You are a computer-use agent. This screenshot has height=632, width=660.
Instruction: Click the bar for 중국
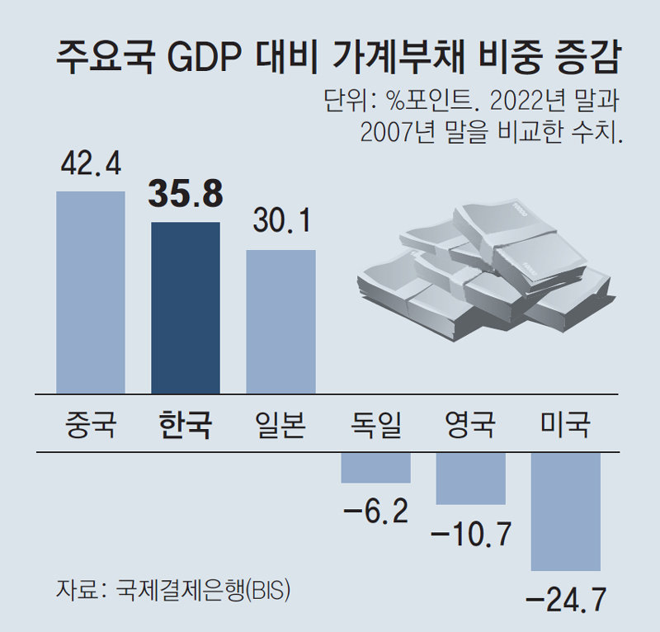coord(91,292)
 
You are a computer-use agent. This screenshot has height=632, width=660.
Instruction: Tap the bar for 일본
coord(280,322)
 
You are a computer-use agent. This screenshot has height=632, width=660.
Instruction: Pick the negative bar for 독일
coord(376,468)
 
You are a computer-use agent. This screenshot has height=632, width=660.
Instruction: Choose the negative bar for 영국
coord(470,479)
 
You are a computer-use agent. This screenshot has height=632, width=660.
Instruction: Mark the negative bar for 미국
coord(566,512)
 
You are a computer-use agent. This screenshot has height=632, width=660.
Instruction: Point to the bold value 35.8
coord(186,195)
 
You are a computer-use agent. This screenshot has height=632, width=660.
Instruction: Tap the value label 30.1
coord(280,221)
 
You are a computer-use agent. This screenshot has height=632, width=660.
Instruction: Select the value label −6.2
coord(375,512)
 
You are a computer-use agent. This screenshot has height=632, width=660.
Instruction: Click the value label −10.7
coord(470,535)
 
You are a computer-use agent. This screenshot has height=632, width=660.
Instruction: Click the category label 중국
coord(91,426)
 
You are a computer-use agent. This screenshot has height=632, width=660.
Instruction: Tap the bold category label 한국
coord(186,426)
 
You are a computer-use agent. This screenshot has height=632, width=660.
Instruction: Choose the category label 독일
coord(375,426)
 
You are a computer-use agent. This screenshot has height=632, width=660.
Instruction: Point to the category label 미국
coord(566,426)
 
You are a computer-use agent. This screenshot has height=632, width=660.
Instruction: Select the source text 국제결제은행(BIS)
coord(203,591)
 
